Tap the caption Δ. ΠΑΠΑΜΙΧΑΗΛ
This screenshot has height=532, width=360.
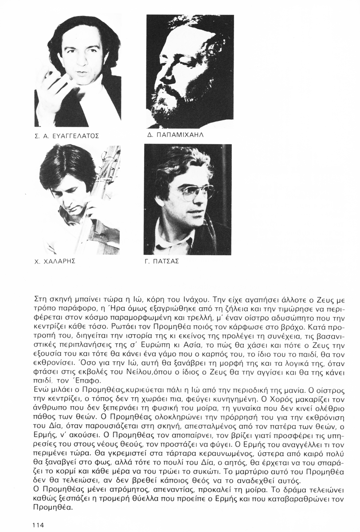[176, 134]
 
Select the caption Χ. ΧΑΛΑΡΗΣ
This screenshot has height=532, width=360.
[54, 261]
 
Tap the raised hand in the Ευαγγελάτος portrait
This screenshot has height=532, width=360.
[52, 93]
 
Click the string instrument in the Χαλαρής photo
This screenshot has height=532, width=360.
[106, 204]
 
